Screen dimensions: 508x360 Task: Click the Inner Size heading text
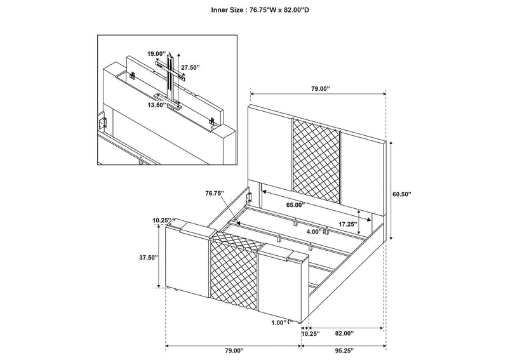[260, 10]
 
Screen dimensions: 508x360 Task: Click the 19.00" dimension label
[156, 54]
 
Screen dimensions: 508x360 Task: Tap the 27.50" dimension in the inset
[190, 68]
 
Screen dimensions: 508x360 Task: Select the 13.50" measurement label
[156, 105]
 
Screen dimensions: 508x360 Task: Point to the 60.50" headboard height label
[401, 194]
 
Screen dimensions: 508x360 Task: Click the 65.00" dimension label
[295, 205]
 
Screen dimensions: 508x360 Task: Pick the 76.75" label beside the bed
[215, 193]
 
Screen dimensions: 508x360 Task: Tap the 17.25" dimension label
[347, 224]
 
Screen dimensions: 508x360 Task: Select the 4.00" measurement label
[313, 232]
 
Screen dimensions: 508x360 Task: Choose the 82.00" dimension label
[344, 333]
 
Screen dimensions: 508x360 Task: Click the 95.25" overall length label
[344, 350]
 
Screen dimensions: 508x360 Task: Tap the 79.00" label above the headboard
[321, 88]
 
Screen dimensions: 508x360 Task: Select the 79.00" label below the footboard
[234, 350]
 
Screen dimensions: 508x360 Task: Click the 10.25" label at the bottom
[311, 333]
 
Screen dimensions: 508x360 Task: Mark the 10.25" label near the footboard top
[162, 220]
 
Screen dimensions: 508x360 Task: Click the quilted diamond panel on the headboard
[316, 159]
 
